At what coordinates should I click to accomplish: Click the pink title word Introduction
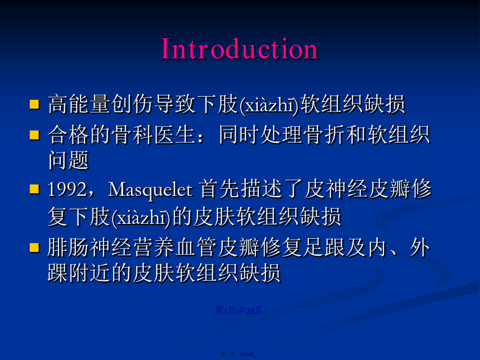click(240, 49)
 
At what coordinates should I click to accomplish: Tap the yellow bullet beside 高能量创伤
click(34, 104)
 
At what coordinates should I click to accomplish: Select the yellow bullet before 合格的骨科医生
click(34, 135)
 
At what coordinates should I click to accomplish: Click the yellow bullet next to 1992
click(34, 189)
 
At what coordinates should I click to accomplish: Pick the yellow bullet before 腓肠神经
click(34, 247)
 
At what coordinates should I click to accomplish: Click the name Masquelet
click(150, 190)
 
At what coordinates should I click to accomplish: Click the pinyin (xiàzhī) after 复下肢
click(141, 218)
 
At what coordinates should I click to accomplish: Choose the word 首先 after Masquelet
click(220, 189)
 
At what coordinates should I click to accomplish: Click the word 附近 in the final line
click(90, 272)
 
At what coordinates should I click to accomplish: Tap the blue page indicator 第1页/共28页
click(238, 310)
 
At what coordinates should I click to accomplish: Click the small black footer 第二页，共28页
click(239, 354)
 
